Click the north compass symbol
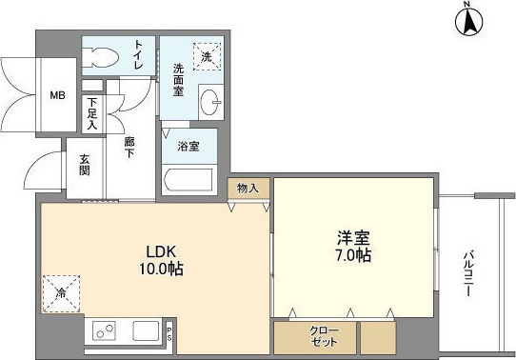(467, 20)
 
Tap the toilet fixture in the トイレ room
(100, 56)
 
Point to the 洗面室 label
(178, 82)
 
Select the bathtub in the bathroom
(189, 179)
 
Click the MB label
(58, 94)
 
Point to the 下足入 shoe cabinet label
(92, 113)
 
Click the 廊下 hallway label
(129, 147)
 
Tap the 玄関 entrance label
(84, 166)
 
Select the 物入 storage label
(248, 189)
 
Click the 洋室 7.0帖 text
(352, 247)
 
